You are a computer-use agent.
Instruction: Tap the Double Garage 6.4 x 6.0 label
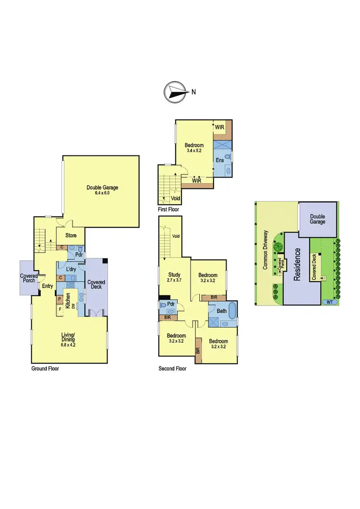(102, 190)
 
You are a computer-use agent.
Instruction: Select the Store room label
(71, 236)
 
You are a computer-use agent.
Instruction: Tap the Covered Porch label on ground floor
(29, 279)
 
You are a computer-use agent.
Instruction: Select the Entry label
(48, 286)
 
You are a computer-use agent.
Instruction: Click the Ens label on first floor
(219, 160)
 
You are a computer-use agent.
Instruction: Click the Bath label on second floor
(221, 311)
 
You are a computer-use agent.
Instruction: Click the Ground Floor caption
(45, 368)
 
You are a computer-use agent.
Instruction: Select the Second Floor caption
(172, 369)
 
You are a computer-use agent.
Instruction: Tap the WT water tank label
(329, 302)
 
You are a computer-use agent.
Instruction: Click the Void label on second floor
(176, 236)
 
